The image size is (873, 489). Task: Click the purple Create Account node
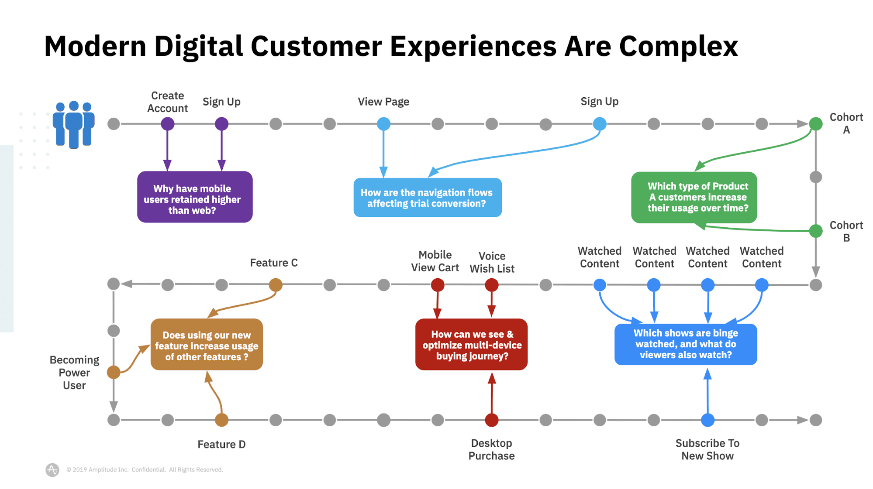[168, 124]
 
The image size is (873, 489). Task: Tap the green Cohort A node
[816, 124]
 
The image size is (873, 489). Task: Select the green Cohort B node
[816, 231]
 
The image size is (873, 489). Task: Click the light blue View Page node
[383, 124]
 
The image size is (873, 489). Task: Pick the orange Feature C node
[276, 285]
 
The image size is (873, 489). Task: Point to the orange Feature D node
[222, 420]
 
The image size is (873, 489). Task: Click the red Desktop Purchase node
[492, 420]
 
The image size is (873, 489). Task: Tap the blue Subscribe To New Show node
[708, 420]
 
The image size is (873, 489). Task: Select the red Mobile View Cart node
[438, 285]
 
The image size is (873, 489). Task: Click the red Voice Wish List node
[492, 285]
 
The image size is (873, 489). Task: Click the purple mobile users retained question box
[195, 197]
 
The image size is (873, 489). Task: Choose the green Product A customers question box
[694, 197]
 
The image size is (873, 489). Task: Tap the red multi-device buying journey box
[471, 345]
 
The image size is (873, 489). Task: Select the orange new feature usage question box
[207, 345]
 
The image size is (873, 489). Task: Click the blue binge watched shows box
[686, 344]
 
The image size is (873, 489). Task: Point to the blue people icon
[74, 125]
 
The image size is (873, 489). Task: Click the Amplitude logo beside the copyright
[52, 470]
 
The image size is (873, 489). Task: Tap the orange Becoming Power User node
[114, 372]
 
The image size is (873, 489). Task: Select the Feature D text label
[221, 445]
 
